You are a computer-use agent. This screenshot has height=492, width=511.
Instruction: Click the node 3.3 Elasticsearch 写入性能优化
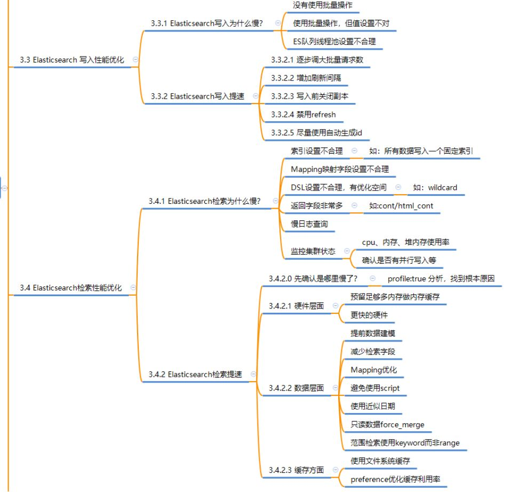pos(72,60)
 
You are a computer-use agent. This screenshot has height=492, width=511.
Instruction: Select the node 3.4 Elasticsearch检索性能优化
pos(71,288)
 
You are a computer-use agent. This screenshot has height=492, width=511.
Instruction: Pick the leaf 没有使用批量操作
pos(322,5)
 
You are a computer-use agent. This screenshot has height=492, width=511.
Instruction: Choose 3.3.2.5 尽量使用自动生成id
pos(317,132)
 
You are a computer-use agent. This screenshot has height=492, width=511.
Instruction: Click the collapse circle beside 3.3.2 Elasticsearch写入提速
pos(255,96)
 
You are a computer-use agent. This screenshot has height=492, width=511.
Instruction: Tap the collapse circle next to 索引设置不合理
pos(354,151)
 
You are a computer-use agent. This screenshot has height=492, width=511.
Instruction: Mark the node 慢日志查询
pos(309,224)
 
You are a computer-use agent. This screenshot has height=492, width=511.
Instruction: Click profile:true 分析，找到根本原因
pos(441,279)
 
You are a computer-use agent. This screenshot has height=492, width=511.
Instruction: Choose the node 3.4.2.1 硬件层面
pos(297,306)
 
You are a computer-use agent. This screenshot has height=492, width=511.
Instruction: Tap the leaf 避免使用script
pos(375,388)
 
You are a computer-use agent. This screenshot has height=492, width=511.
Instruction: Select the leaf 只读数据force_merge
pos(388,424)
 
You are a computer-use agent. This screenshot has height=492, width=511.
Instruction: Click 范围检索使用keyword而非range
pos(405,442)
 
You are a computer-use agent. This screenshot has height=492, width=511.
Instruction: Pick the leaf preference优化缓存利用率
pos(395,479)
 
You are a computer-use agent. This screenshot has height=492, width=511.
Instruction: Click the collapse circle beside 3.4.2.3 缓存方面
pos(336,470)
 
